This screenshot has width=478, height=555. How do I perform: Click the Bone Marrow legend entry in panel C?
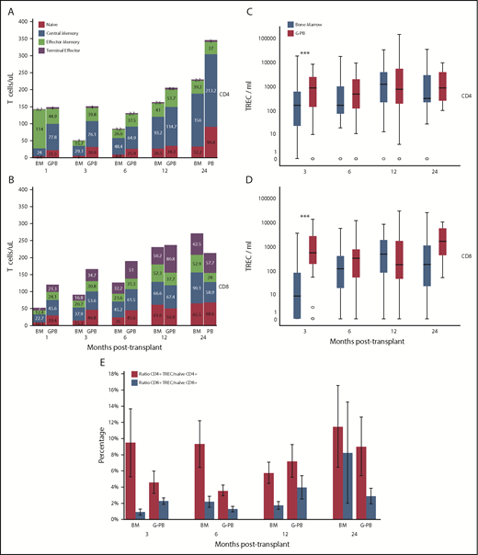[x=325, y=20]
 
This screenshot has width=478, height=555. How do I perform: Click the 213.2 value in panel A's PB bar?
[x=237, y=91]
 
